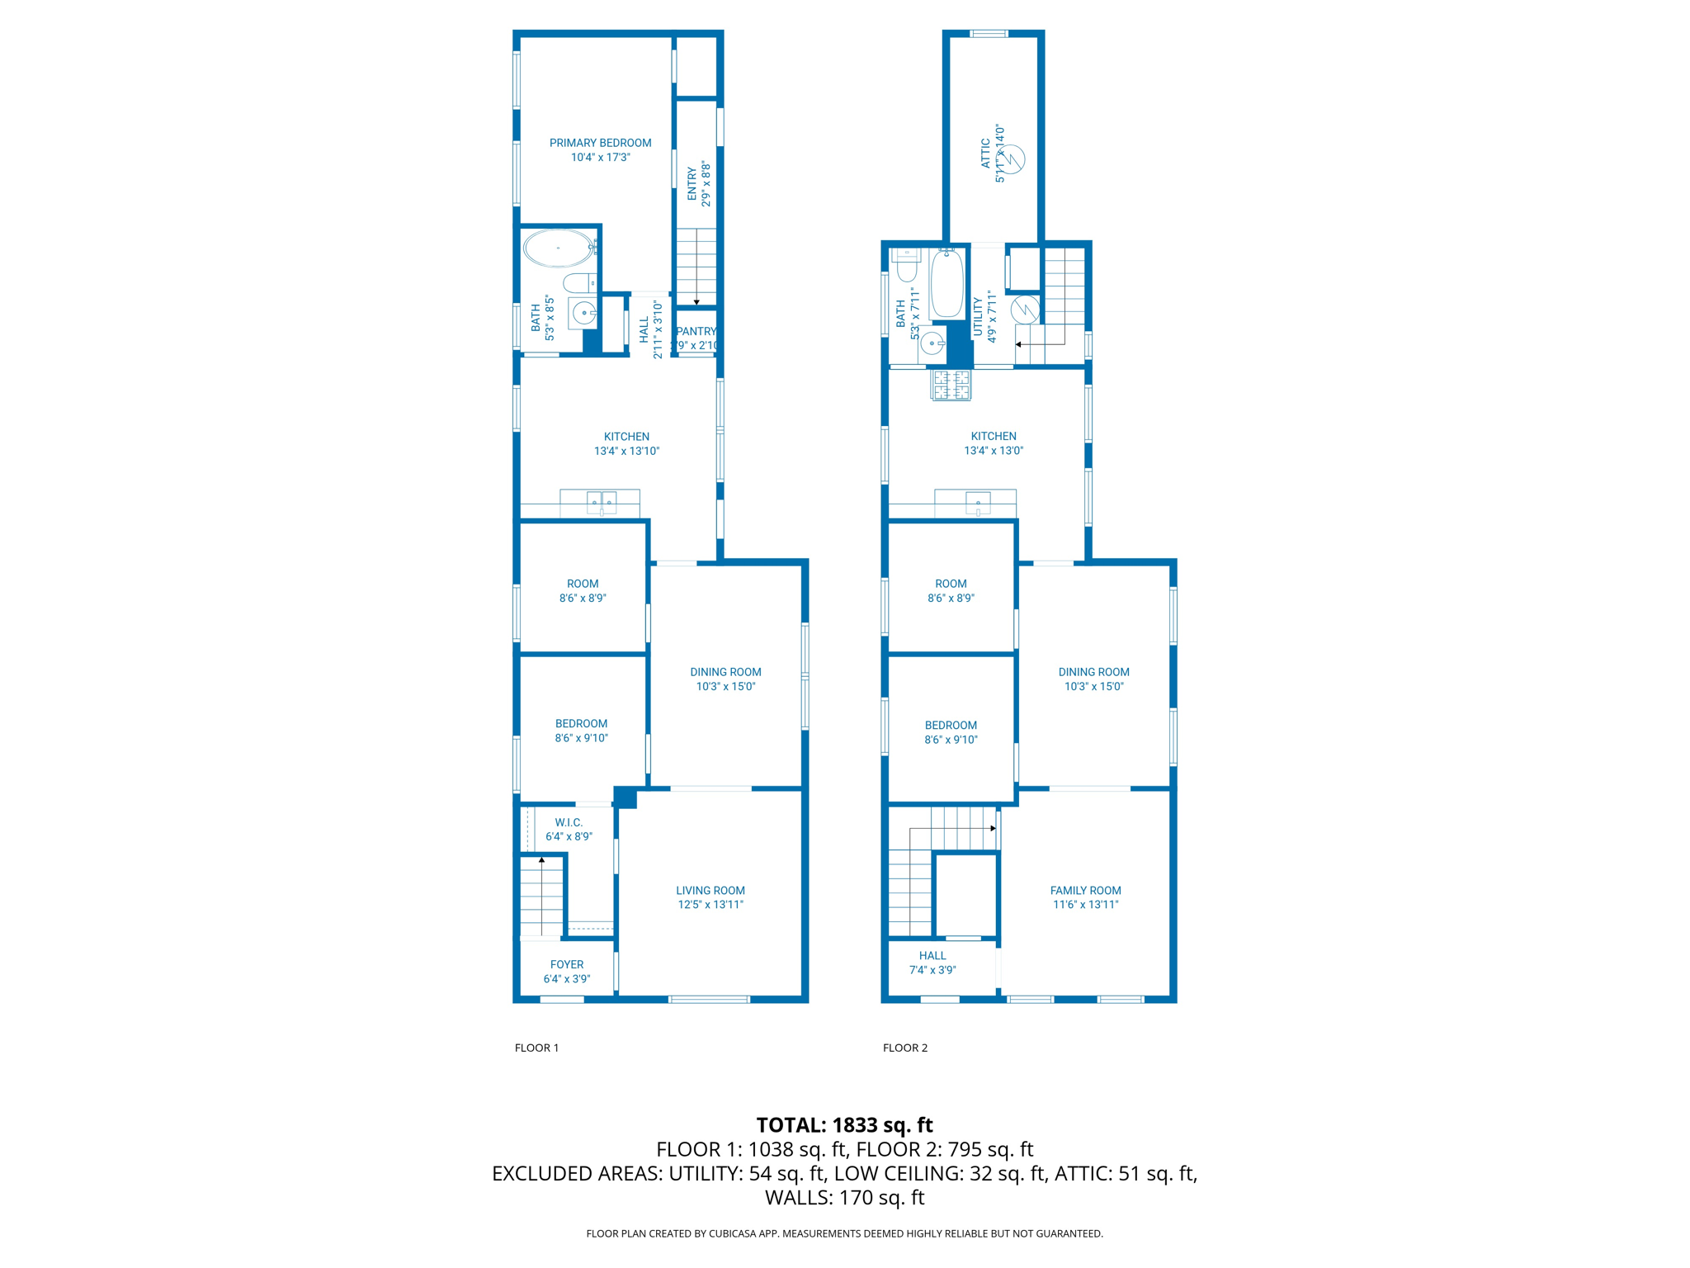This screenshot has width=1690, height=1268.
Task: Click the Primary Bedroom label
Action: [600, 143]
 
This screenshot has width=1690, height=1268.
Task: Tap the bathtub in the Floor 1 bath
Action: [558, 248]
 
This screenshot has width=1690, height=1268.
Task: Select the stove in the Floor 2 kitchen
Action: [951, 385]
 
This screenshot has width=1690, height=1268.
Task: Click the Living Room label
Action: [710, 891]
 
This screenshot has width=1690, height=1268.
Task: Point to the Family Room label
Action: [1085, 891]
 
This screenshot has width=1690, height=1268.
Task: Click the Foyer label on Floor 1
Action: [567, 964]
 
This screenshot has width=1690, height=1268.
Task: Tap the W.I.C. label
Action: [569, 822]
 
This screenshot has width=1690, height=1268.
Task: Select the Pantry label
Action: [696, 331]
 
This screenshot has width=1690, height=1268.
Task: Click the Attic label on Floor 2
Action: [985, 154]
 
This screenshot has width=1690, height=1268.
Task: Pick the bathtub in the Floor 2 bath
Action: [946, 284]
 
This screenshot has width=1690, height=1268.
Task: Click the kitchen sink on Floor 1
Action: [602, 502]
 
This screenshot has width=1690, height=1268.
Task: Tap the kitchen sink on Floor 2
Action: [978, 503]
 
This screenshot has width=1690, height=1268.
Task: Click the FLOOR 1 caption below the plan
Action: [536, 1048]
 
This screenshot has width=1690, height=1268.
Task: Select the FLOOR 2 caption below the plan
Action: [905, 1048]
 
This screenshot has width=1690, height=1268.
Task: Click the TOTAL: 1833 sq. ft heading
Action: [844, 1124]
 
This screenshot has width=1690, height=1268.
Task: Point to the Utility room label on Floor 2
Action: [978, 317]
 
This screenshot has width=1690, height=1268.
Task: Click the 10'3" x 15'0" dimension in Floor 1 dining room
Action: [725, 687]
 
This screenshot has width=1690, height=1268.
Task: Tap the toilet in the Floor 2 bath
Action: [906, 266]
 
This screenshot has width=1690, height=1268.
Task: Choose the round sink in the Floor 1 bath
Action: [583, 314]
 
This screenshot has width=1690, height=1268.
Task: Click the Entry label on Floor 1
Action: [692, 183]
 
